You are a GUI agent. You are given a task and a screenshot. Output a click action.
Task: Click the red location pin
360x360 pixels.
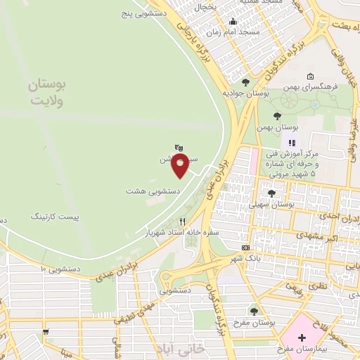click(x=181, y=167)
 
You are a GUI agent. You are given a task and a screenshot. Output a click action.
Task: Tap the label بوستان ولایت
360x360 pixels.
click(x=47, y=93)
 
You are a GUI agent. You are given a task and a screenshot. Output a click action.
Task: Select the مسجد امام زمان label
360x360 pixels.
click(x=240, y=32)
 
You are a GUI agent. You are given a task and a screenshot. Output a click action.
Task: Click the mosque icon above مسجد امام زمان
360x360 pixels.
click(x=233, y=20)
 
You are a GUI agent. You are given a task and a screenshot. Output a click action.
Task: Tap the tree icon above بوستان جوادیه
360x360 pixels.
click(x=245, y=82)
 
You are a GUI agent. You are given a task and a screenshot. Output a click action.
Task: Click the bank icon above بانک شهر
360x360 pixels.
click(x=245, y=247)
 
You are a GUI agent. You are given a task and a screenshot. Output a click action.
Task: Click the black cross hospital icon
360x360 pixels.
click(x=302, y=338)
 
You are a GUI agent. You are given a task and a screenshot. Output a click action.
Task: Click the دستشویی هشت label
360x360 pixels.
click(x=153, y=191)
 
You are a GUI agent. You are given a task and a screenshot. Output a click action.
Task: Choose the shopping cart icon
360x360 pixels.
click(x=46, y=331)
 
